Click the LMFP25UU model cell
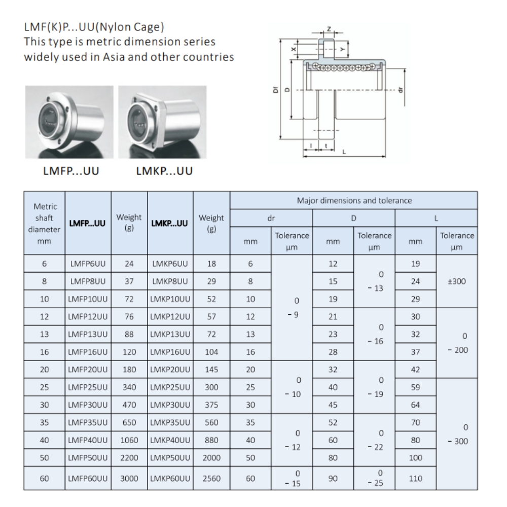point(88,387)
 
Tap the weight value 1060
point(129,440)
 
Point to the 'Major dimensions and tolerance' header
point(353,200)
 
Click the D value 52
point(333,422)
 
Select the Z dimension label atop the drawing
point(329,28)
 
